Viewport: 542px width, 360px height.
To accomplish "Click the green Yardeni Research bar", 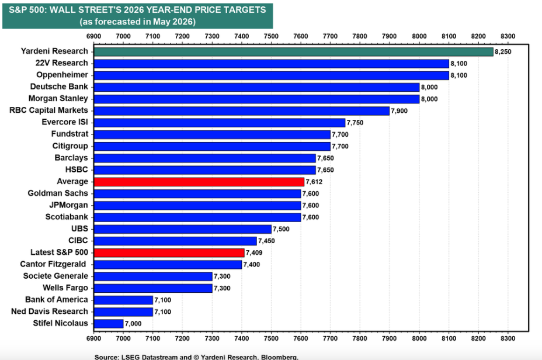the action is pyautogui.click(x=293, y=51).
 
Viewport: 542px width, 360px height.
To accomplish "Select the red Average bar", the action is pyautogui.click(x=199, y=182).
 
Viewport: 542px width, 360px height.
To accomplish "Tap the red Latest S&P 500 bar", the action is pyautogui.click(x=169, y=252).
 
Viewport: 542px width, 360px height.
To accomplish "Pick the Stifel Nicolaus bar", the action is pyautogui.click(x=109, y=323).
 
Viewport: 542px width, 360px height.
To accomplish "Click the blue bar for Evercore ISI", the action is pyautogui.click(x=220, y=122).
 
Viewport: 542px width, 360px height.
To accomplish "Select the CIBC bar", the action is pyautogui.click(x=175, y=241).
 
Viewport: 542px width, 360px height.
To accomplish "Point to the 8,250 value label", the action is pyautogui.click(x=503, y=52).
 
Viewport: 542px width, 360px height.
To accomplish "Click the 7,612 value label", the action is pyautogui.click(x=314, y=182).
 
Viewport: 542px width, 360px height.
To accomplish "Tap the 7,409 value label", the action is pyautogui.click(x=254, y=253).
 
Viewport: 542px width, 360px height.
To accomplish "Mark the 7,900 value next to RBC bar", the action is pyautogui.click(x=399, y=111).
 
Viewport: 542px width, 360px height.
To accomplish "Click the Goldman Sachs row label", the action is pyautogui.click(x=58, y=193).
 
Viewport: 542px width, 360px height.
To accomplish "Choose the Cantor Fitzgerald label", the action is pyautogui.click(x=53, y=264).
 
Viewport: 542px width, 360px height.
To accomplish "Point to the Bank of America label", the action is pyautogui.click(x=57, y=299).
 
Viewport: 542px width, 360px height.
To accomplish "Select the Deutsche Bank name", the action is pyautogui.click(x=59, y=86).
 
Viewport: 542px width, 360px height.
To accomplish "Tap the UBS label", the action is pyautogui.click(x=79, y=229).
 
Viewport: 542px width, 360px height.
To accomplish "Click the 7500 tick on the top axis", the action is pyautogui.click(x=271, y=36).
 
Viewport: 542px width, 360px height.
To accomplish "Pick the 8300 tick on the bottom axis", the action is pyautogui.click(x=508, y=338).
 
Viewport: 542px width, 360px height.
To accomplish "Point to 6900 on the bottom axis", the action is pyautogui.click(x=93, y=338).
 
